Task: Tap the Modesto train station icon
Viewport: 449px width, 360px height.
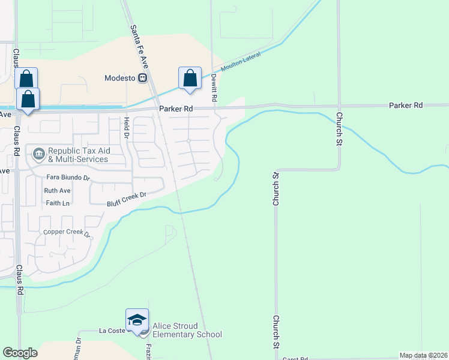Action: (x=143, y=78)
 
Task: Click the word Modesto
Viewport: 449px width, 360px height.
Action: (x=120, y=78)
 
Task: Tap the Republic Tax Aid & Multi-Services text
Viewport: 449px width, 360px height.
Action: (x=78, y=155)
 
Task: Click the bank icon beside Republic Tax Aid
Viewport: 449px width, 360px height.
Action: (x=39, y=154)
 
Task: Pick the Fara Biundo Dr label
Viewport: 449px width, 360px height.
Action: (x=68, y=178)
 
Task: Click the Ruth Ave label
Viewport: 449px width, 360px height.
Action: (x=58, y=191)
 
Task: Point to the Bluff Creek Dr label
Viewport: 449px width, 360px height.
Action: (x=127, y=199)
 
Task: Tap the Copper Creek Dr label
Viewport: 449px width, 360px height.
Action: (x=67, y=233)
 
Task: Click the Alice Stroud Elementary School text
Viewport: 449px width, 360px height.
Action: (x=187, y=330)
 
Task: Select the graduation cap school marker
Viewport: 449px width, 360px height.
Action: (x=137, y=319)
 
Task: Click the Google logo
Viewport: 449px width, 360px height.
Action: (x=20, y=353)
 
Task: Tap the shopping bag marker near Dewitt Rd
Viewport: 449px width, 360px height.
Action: (x=190, y=78)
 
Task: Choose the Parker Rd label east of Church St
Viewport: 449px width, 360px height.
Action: (x=406, y=105)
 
